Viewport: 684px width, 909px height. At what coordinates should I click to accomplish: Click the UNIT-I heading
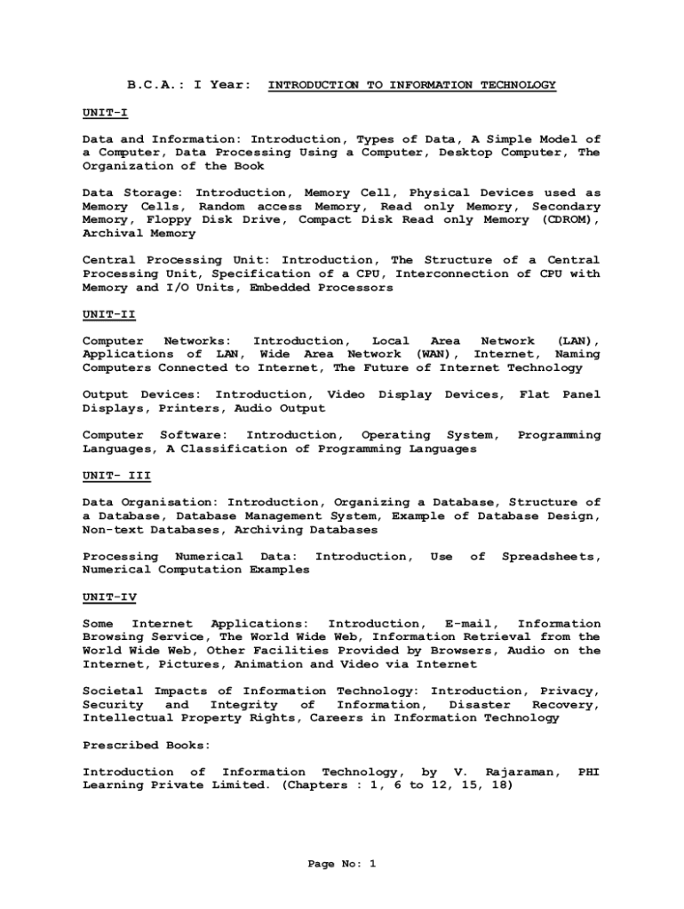(105, 112)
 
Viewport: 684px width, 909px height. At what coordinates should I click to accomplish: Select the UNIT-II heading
(108, 314)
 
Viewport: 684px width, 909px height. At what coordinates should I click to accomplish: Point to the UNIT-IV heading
(108, 597)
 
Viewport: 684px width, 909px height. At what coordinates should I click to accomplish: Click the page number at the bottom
(342, 863)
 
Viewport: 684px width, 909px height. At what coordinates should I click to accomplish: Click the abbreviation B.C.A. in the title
(153, 85)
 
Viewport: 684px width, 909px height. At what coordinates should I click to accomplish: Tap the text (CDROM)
(569, 220)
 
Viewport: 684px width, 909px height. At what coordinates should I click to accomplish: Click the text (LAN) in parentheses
(577, 341)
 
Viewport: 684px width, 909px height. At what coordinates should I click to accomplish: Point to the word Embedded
(275, 288)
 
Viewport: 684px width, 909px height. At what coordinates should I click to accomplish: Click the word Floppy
(164, 220)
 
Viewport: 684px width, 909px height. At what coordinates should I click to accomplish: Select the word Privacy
(569, 691)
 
